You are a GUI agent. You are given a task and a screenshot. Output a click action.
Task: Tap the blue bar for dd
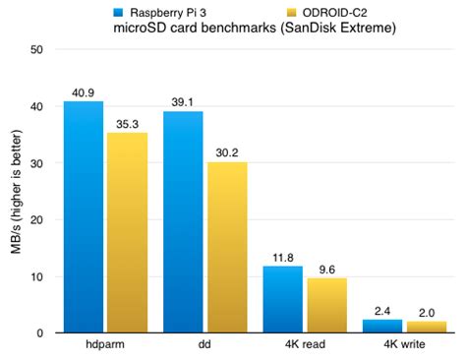click(183, 221)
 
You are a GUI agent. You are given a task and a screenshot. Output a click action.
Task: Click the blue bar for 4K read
click(282, 299)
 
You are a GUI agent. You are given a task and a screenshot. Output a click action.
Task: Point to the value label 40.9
click(84, 92)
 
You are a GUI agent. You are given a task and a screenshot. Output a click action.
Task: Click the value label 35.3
click(127, 124)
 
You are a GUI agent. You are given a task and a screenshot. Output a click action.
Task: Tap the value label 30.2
click(226, 152)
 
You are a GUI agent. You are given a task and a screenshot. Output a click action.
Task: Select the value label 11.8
click(282, 257)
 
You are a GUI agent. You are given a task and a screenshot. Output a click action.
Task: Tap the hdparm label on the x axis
click(104, 347)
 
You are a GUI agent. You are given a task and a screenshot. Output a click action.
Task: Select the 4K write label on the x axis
click(403, 347)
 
